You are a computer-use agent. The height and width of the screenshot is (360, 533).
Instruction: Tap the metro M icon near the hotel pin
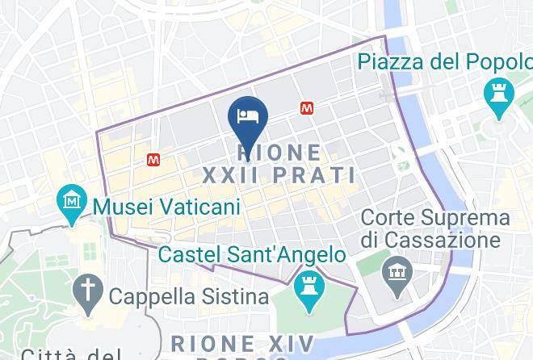[x=307, y=107]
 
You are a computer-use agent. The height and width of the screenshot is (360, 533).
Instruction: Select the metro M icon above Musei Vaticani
[x=153, y=161]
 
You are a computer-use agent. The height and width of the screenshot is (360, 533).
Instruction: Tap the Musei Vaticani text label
[x=167, y=207]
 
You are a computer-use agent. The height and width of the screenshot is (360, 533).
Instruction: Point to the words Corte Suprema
[x=436, y=218]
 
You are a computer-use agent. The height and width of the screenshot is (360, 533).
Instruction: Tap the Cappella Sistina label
[x=188, y=297]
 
